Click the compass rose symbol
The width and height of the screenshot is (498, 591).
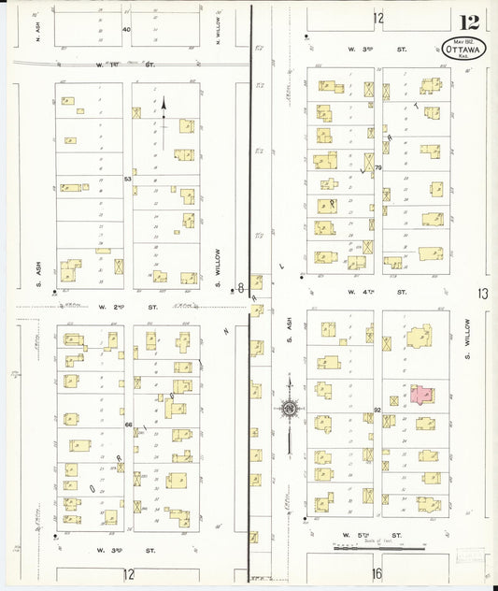pos(290,408)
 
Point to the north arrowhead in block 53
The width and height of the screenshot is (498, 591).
pos(164,104)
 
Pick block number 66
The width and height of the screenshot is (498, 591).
pos(128,424)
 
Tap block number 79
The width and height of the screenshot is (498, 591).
pos(378,167)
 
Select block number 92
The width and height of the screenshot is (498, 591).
pos(377,409)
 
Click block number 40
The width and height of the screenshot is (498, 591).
pos(126,30)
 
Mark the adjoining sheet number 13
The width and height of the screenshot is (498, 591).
pos(482,294)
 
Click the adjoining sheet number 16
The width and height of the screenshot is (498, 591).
pos(377,573)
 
